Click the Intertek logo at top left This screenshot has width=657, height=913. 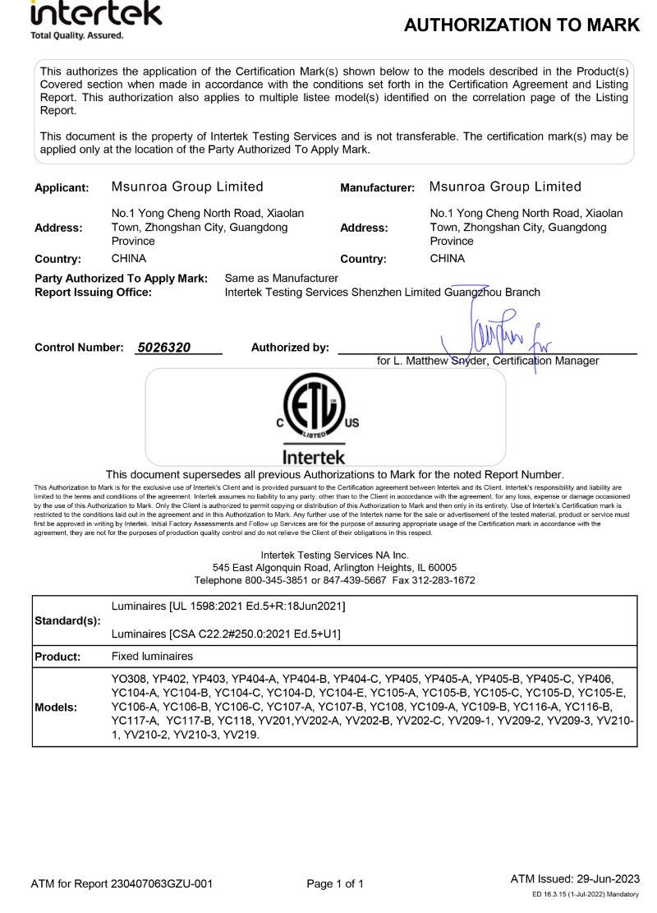(x=95, y=14)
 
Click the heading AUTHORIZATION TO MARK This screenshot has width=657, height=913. (x=521, y=25)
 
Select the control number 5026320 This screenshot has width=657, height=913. (x=164, y=348)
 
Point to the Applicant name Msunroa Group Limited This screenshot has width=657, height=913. (x=187, y=187)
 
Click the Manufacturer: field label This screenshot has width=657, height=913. (x=377, y=188)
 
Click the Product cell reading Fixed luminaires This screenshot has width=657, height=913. (x=152, y=657)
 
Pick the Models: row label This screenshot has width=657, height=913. (x=56, y=707)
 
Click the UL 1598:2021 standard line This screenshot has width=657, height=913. (x=227, y=606)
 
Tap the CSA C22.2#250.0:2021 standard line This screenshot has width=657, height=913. (x=225, y=634)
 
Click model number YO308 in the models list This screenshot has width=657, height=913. (x=127, y=679)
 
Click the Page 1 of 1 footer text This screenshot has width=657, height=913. (x=334, y=884)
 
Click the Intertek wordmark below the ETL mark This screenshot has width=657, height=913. (x=314, y=456)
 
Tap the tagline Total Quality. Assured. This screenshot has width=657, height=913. (x=77, y=35)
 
